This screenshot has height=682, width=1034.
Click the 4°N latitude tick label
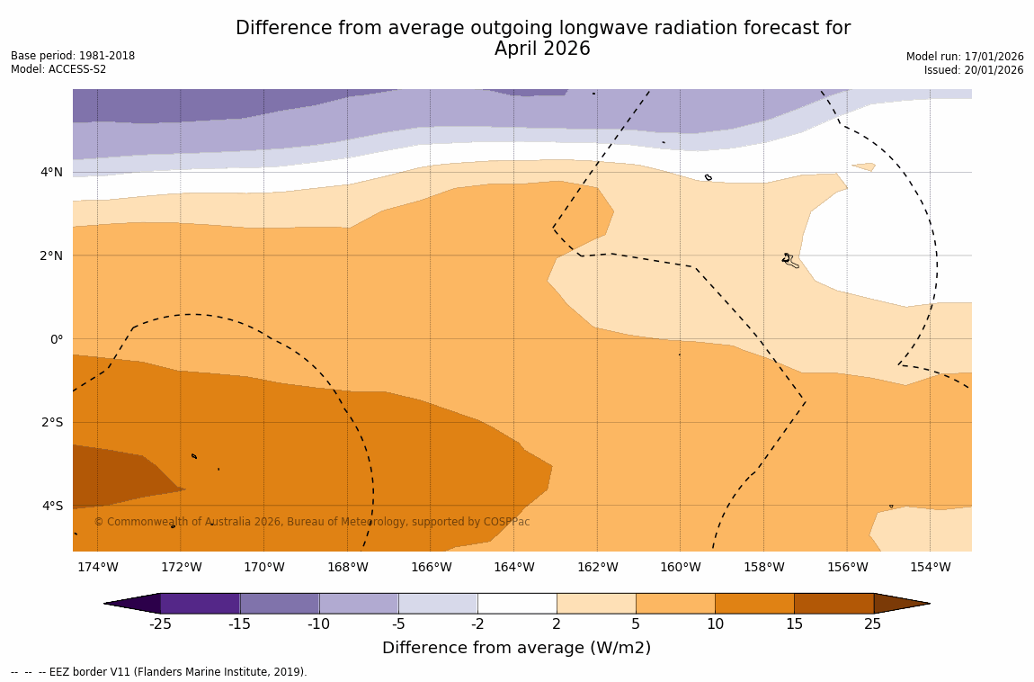click(52, 172)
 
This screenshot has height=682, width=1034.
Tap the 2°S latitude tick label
click(52, 422)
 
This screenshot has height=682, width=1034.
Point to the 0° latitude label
click(57, 339)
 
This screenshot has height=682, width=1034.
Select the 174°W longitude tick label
click(97, 567)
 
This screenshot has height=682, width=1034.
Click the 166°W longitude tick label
click(431, 567)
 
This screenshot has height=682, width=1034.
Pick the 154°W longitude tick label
click(930, 567)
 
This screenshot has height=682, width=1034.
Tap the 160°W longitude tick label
click(681, 567)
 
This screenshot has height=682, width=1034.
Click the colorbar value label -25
click(160, 624)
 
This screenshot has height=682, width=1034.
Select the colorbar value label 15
click(794, 624)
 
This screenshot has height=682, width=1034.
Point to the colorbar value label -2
click(477, 624)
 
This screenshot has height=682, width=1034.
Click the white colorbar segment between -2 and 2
click(517, 604)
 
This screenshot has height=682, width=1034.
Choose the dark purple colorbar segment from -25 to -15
click(200, 604)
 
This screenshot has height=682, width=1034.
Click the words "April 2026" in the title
click(542, 49)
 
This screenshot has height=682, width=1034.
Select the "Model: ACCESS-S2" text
click(58, 69)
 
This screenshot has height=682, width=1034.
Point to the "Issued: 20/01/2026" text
click(974, 70)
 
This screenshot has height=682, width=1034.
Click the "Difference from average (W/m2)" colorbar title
click(516, 648)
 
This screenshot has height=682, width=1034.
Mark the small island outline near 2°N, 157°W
click(789, 260)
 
